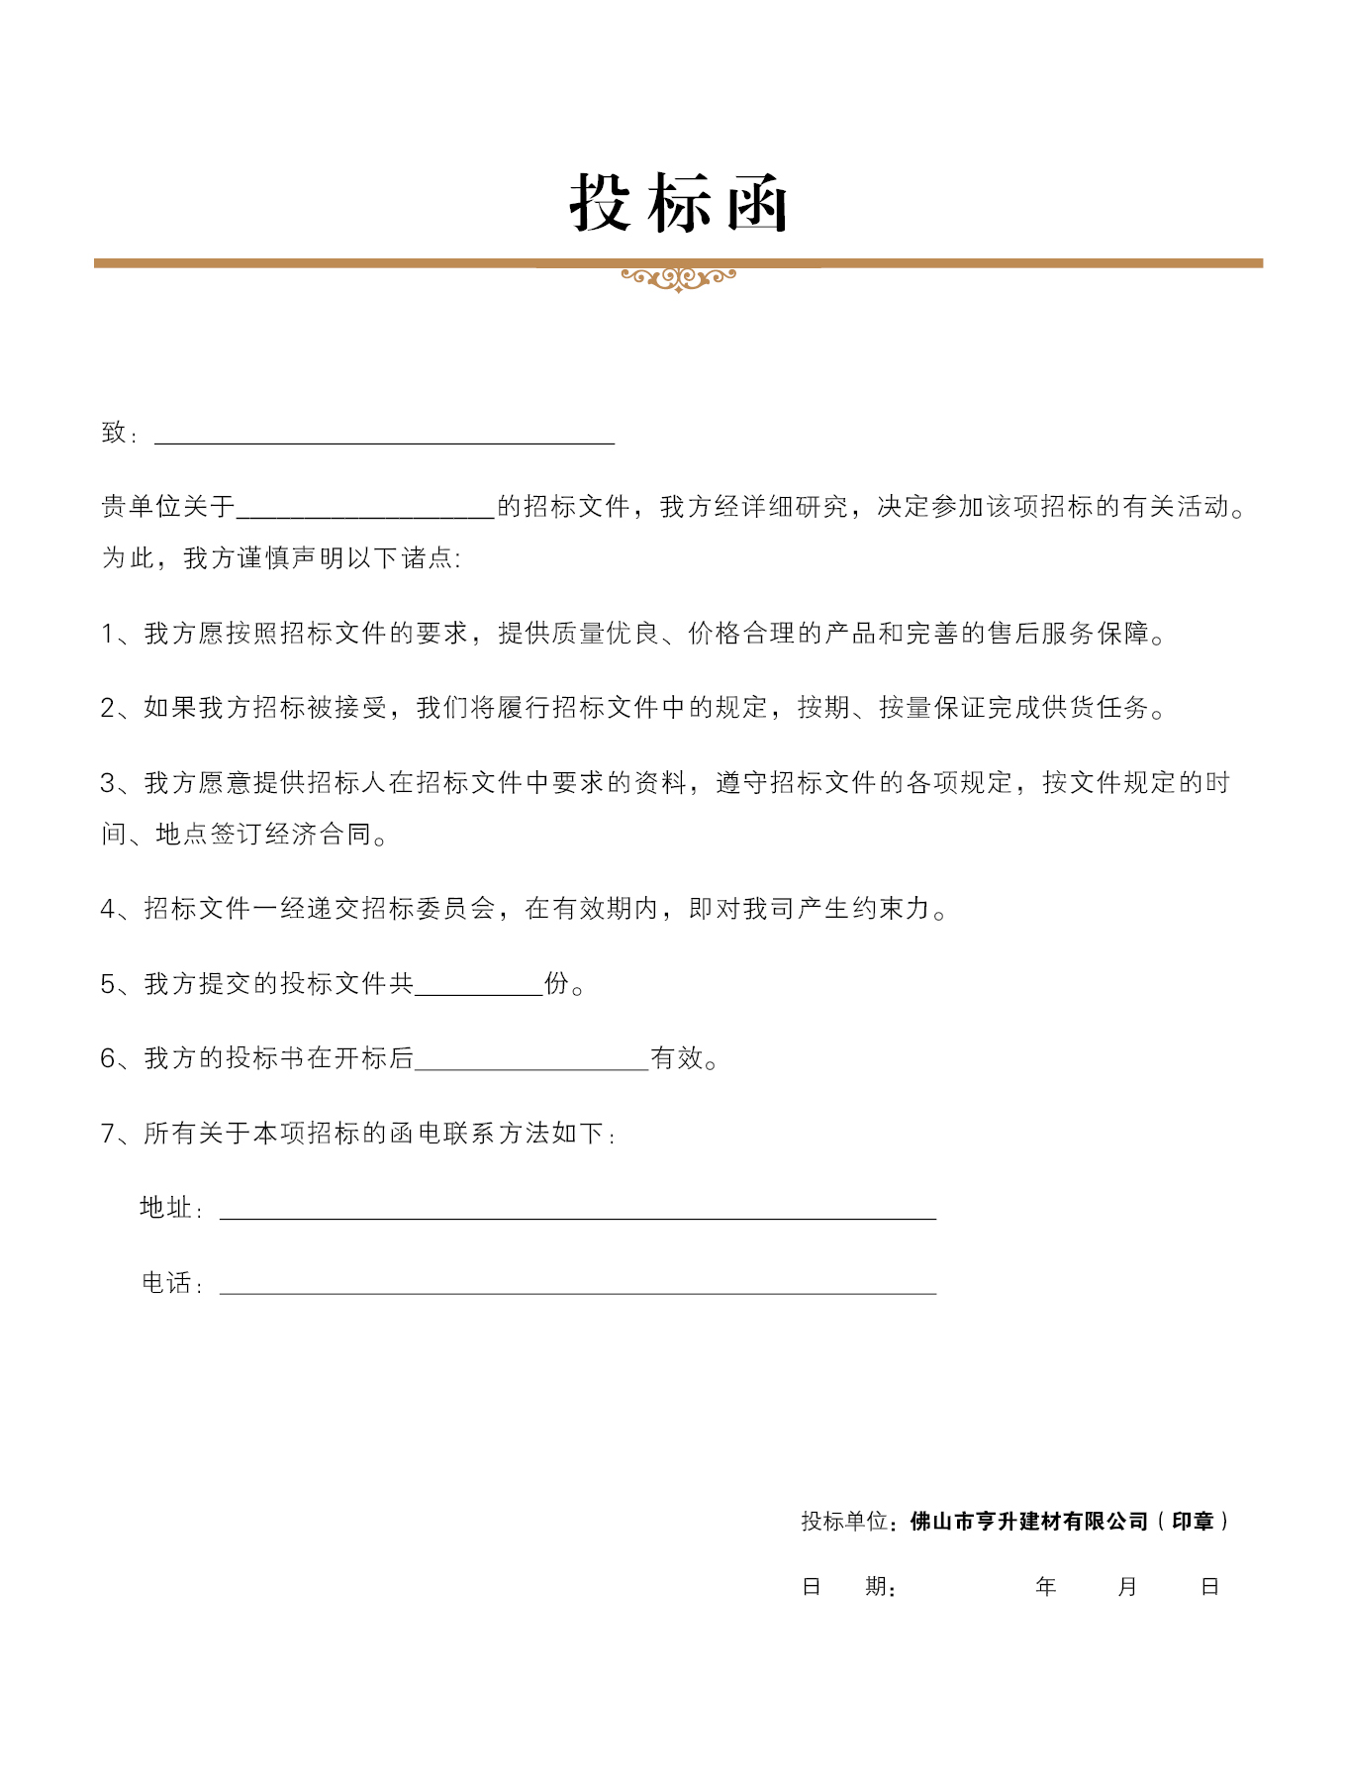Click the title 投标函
tap(678, 203)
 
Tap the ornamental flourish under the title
tap(678, 278)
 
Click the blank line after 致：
tap(384, 436)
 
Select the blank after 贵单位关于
tap(365, 509)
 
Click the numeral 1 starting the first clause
tap(108, 634)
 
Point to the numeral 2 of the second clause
tap(108, 708)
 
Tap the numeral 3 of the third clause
tap(108, 783)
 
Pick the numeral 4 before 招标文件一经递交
tap(108, 909)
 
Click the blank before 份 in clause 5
tap(479, 986)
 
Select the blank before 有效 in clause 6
tap(531, 1060)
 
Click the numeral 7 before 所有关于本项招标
tap(108, 1134)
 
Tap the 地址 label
tap(165, 1208)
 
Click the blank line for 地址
tap(577, 1211)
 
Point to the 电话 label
tap(165, 1283)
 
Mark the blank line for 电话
tap(577, 1286)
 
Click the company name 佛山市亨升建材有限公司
tap(1028, 1522)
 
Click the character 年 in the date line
tap(1046, 1587)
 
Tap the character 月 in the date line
tap(1127, 1587)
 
